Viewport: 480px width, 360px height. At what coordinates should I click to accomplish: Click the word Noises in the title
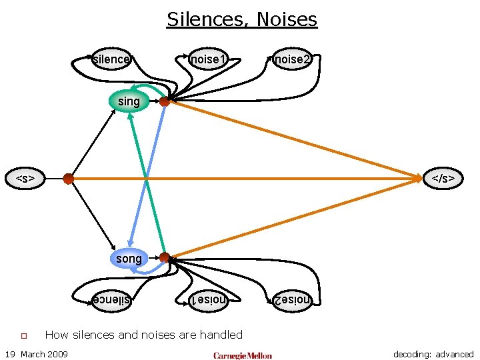[289, 19]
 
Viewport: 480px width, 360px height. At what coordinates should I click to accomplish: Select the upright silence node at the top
[111, 59]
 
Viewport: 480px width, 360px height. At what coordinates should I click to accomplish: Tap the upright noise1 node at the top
[206, 59]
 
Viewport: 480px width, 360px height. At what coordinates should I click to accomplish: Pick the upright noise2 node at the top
[292, 59]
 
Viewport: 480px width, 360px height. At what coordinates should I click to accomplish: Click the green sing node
[129, 101]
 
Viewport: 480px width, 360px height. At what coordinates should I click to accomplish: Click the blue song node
[129, 258]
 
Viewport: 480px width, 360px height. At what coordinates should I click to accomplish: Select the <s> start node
[25, 179]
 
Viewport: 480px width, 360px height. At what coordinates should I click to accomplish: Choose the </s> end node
[443, 179]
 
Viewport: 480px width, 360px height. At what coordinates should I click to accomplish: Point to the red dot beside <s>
[68, 179]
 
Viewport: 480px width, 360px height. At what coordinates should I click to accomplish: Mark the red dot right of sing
[164, 101]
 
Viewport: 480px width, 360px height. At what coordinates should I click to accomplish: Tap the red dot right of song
[164, 257]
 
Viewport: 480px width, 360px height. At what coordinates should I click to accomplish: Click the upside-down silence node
[111, 300]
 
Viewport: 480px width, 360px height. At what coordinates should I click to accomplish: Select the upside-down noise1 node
[206, 300]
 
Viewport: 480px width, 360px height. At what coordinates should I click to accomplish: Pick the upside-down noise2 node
[292, 300]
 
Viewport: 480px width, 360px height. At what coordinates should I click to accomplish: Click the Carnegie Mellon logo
[242, 355]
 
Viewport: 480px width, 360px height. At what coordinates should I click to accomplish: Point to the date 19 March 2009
[36, 354]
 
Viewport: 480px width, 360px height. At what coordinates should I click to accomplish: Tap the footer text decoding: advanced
[433, 354]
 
